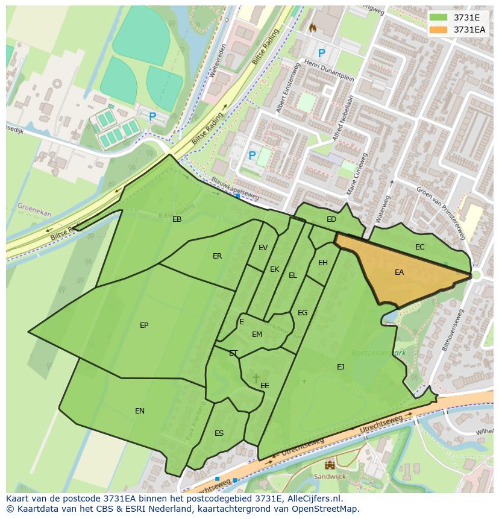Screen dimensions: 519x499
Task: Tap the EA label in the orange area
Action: tap(399, 272)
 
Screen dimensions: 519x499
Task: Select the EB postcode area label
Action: tap(177, 219)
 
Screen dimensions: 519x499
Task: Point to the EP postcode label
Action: tap(144, 326)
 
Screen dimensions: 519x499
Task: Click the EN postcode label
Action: tap(140, 411)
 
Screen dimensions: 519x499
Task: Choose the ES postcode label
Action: tap(219, 433)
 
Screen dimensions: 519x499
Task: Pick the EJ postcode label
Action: tap(341, 366)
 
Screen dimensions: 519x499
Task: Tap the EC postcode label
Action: tap(419, 247)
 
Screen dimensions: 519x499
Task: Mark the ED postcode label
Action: tap(331, 219)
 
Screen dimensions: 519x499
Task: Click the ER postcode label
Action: tap(217, 256)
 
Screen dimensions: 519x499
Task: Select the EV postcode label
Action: tap(263, 248)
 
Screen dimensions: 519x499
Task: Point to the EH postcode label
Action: tap(323, 263)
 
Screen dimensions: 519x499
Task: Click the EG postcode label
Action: tap(303, 313)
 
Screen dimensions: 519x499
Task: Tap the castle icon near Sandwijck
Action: tap(330, 465)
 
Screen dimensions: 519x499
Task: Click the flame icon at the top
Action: tap(312, 28)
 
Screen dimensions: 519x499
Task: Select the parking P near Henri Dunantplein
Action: tap(321, 54)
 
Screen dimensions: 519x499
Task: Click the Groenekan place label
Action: tap(34, 209)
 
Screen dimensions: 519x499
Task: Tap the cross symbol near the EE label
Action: tap(256, 378)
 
